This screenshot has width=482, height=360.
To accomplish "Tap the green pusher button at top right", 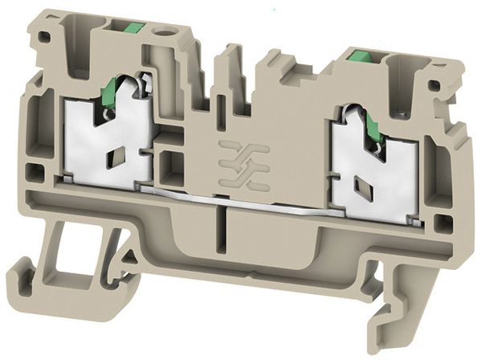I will tap(356, 57).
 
